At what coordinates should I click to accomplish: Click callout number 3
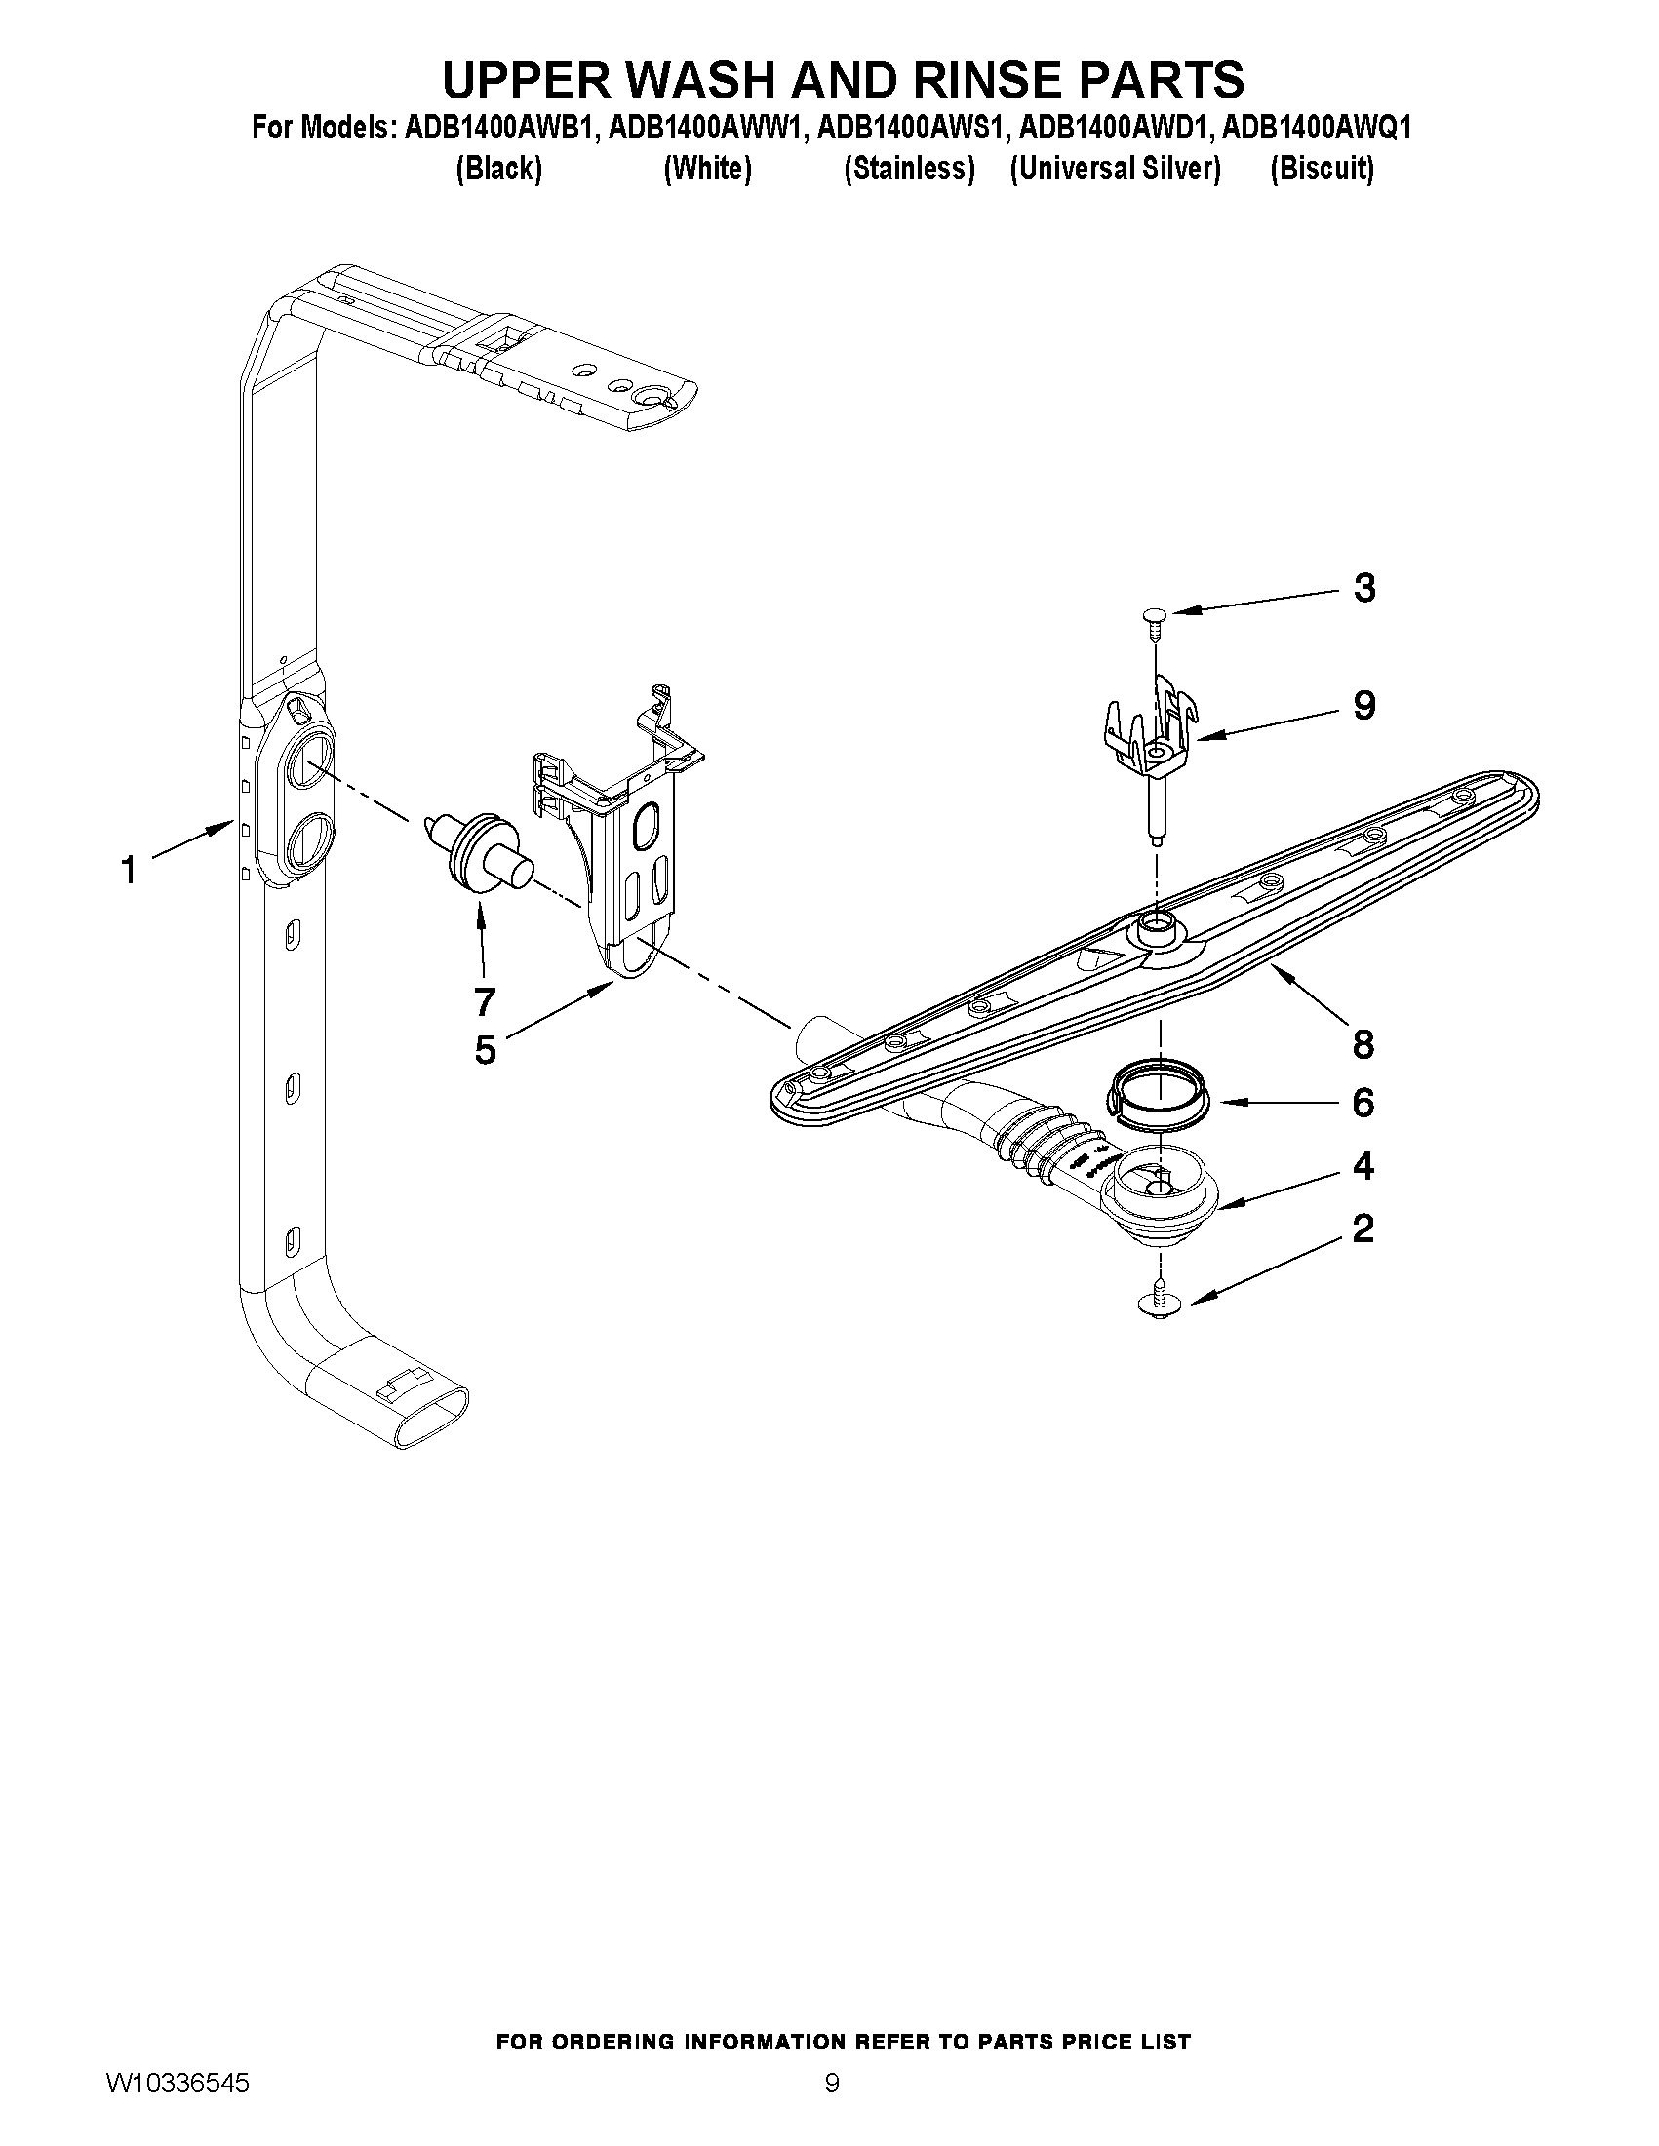click(1364, 588)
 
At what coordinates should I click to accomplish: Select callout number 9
click(1364, 705)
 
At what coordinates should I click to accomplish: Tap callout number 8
click(1363, 1043)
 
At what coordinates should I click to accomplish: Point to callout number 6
click(1363, 1103)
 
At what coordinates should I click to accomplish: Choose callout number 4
click(1363, 1166)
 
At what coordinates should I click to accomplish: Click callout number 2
click(1363, 1229)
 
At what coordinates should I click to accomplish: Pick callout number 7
click(484, 1001)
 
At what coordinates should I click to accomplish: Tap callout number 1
click(129, 870)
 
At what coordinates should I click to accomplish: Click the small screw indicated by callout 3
click(1155, 617)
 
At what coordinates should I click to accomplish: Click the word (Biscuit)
click(1321, 169)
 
